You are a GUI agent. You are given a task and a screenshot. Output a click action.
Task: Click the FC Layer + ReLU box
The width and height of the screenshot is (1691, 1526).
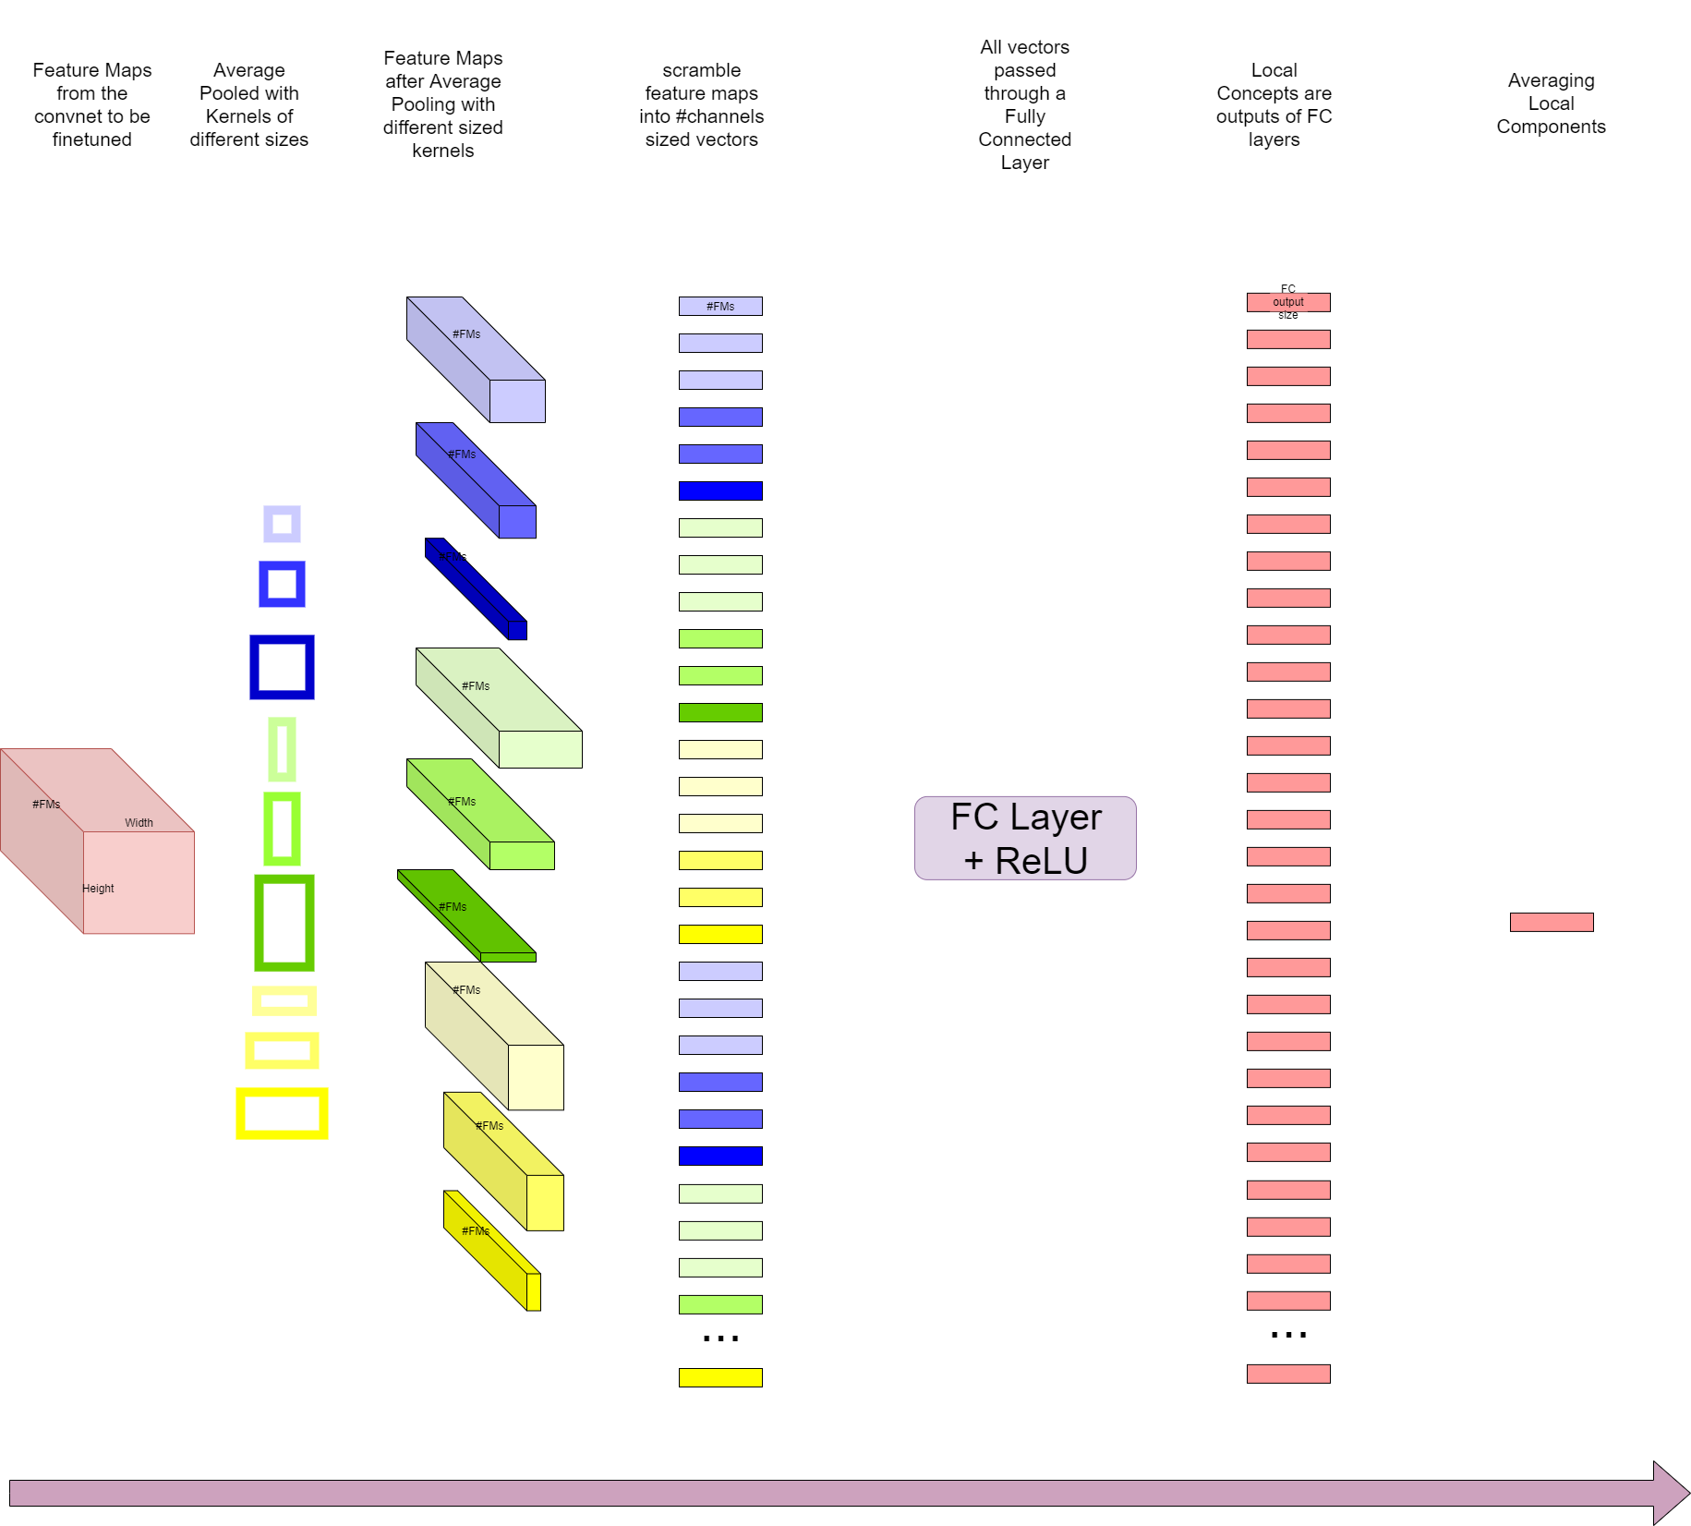tap(1025, 838)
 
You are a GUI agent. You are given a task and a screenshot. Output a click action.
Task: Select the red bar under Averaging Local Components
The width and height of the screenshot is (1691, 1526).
tap(1551, 922)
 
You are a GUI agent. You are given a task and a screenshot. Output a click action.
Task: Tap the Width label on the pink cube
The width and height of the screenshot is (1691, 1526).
tap(139, 822)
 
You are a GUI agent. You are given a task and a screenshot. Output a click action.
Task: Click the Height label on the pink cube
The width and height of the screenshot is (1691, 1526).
tap(98, 888)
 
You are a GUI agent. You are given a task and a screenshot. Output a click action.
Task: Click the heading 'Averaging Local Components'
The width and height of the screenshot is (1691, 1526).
tap(1551, 103)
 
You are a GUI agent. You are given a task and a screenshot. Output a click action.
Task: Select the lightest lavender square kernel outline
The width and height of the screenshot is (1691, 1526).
tap(282, 524)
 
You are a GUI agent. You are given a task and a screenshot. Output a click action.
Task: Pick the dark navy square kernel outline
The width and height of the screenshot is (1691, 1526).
tap(282, 667)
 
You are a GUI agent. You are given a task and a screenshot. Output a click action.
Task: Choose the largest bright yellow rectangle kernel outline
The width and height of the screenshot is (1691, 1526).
tap(282, 1113)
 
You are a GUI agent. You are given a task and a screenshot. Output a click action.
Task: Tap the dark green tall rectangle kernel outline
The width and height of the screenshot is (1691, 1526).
tap(284, 923)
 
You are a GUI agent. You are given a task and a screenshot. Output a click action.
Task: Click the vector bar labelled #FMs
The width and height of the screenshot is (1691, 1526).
tap(720, 306)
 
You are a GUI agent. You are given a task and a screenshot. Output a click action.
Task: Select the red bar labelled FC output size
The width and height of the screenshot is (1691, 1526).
tap(1288, 302)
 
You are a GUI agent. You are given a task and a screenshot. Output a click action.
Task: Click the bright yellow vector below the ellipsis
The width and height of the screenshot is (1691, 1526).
tap(720, 1377)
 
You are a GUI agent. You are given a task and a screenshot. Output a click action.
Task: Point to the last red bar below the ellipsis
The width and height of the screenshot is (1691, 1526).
tap(1288, 1374)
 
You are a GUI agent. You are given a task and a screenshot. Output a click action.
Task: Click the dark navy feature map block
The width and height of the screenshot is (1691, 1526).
tap(476, 588)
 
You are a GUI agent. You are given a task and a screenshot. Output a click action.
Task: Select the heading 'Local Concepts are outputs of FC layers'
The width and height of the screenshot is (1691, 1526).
tap(1274, 104)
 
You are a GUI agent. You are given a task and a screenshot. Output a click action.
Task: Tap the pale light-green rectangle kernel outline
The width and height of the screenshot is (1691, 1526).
tap(282, 749)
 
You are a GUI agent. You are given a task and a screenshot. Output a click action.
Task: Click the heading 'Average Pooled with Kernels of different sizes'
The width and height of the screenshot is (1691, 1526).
tap(249, 104)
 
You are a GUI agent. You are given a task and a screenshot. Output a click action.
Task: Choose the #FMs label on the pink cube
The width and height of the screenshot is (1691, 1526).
tap(46, 804)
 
